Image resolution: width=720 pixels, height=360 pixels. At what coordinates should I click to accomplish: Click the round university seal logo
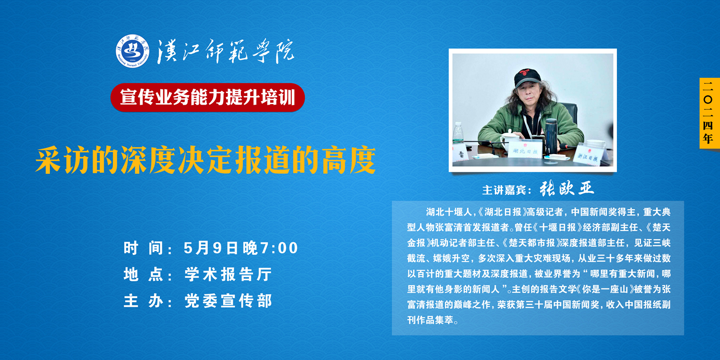click(x=132, y=51)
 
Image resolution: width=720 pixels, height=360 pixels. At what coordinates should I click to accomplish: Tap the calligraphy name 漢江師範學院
click(x=225, y=51)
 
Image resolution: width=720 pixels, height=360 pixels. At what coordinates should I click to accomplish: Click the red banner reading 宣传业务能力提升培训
click(x=208, y=97)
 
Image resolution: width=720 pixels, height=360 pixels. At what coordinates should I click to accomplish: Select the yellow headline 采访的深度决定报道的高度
click(x=205, y=160)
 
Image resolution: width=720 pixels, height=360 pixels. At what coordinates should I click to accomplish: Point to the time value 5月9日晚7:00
click(x=241, y=248)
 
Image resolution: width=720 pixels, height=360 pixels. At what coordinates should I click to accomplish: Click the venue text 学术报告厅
click(x=228, y=275)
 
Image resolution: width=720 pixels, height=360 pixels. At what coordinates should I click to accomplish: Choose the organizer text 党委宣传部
click(x=228, y=301)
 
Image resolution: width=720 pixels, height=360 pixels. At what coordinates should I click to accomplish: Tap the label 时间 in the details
click(x=144, y=248)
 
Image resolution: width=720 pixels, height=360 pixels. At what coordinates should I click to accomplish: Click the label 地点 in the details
click(x=144, y=275)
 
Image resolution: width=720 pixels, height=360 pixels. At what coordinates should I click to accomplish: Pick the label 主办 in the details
click(x=144, y=301)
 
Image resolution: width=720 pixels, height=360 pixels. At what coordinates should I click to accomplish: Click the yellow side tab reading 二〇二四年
click(x=709, y=113)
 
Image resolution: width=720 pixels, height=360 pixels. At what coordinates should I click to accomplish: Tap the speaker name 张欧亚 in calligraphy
click(x=567, y=188)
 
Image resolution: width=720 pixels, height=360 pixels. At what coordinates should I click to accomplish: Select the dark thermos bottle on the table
click(x=551, y=137)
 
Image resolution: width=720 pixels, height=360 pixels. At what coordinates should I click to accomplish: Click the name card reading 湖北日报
click(x=525, y=150)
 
